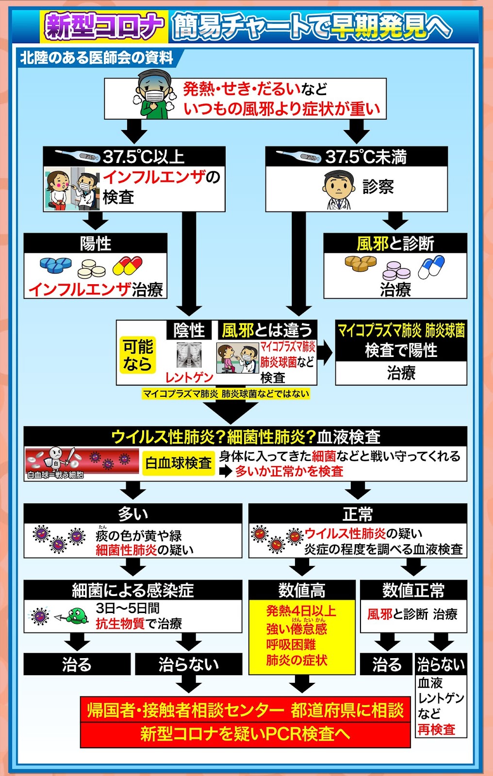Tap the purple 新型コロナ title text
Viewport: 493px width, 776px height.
tap(104, 25)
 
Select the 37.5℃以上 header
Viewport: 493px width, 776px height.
tap(134, 156)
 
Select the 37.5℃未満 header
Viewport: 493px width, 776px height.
tap(356, 156)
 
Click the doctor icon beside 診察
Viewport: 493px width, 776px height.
tap(338, 190)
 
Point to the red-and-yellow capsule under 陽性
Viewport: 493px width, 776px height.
tap(128, 266)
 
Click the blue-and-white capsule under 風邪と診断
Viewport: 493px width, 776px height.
tap(431, 267)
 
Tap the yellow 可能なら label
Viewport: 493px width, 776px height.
tap(138, 355)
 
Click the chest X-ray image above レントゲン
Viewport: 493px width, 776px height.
tap(189, 356)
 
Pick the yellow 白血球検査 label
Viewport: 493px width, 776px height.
tap(179, 463)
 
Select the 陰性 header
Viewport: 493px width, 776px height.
tap(189, 330)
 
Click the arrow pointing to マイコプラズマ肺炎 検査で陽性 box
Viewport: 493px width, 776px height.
tap(325, 353)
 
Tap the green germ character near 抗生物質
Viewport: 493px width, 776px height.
tap(77, 616)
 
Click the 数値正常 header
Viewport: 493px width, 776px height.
tap(413, 590)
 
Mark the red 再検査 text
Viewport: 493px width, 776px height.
tap(436, 729)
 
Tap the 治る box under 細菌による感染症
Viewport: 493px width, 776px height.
tap(77, 664)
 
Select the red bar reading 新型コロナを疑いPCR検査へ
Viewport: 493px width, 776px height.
tap(245, 733)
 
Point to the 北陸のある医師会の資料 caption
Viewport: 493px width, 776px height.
tap(97, 58)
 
